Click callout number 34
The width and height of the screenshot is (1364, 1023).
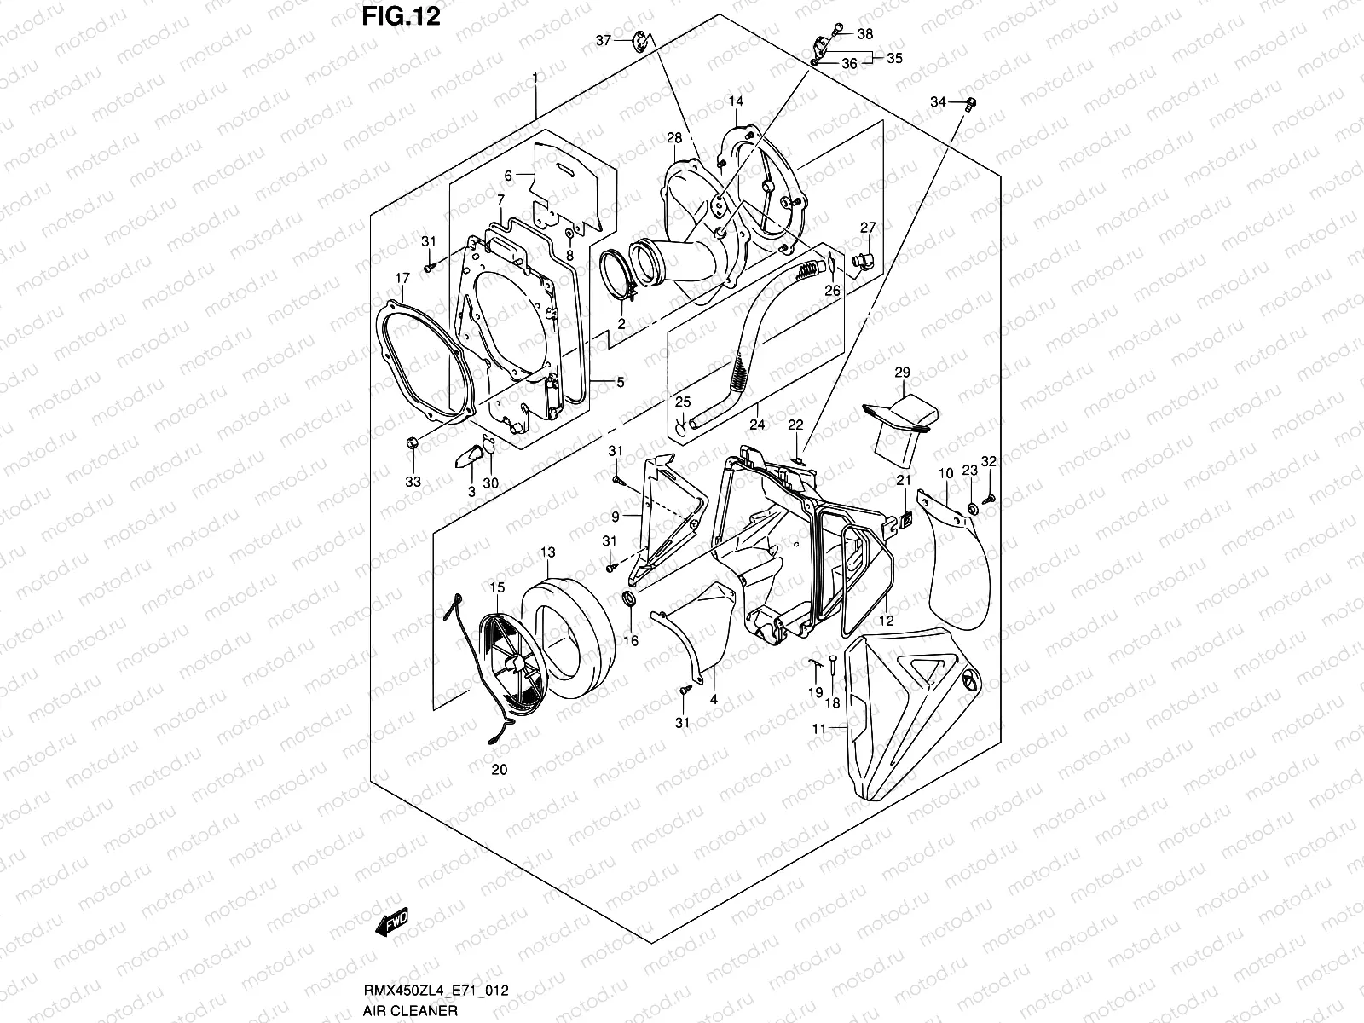click(938, 102)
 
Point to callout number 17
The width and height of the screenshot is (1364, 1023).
click(402, 278)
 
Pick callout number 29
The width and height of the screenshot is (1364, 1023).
click(902, 373)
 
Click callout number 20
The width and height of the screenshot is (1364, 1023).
click(499, 769)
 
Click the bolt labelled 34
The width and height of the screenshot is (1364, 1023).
click(969, 104)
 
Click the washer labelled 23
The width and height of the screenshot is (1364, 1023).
click(971, 509)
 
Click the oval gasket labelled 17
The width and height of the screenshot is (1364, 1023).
click(426, 358)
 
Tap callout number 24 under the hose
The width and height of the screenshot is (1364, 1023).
click(756, 424)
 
